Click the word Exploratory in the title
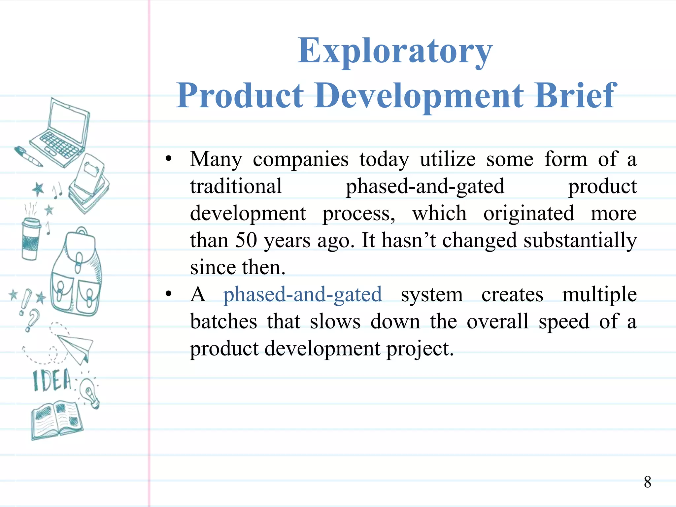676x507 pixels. (x=395, y=51)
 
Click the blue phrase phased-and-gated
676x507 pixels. (x=302, y=294)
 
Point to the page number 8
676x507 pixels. (x=647, y=482)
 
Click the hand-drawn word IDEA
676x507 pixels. (x=52, y=380)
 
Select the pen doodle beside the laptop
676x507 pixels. (x=28, y=156)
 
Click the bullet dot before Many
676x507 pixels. (x=169, y=159)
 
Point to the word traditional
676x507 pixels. (x=236, y=186)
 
